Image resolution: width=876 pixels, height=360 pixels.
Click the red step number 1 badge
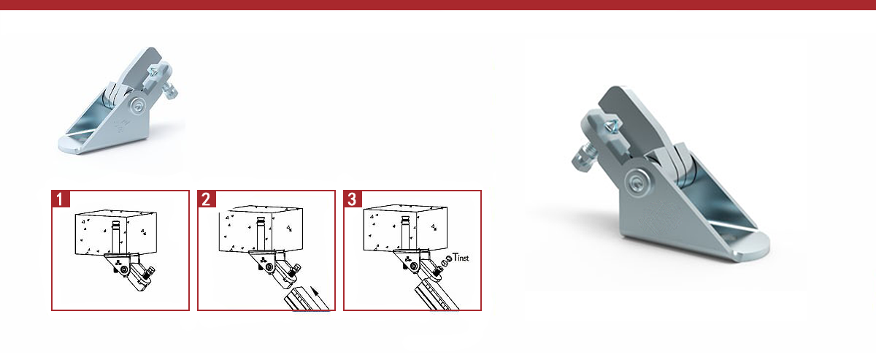pyautogui.click(x=61, y=199)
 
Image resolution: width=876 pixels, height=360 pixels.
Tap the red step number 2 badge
pyautogui.click(x=207, y=199)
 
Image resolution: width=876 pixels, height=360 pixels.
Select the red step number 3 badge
pyautogui.click(x=353, y=199)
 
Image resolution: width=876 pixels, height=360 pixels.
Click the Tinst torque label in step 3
pyautogui.click(x=461, y=258)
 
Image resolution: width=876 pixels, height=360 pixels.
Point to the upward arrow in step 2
pyautogui.click(x=320, y=298)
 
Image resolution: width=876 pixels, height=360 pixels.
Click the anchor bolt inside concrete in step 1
pyautogui.click(x=116, y=237)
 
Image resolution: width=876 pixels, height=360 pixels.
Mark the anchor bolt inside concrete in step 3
pyautogui.click(x=406, y=233)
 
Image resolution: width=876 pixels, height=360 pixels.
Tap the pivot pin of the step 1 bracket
pyautogui.click(x=124, y=270)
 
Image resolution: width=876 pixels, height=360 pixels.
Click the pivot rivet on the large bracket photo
pyautogui.click(x=637, y=183)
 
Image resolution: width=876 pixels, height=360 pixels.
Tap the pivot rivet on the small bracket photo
pyautogui.click(x=139, y=105)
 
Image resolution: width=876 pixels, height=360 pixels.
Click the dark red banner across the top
pyautogui.click(x=438, y=4)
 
